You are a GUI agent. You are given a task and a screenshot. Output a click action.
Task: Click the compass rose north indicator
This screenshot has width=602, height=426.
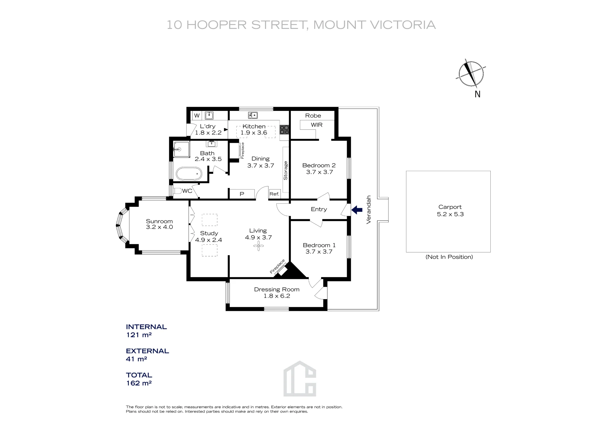tap(471, 74)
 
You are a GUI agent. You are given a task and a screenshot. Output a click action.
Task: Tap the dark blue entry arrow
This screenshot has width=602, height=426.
tap(357, 210)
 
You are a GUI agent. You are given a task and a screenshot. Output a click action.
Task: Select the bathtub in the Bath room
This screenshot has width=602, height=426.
tap(189, 174)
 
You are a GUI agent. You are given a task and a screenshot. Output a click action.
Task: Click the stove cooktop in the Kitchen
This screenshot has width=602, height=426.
tap(284, 130)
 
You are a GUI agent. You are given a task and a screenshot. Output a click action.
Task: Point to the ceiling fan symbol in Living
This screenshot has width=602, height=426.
tap(258, 246)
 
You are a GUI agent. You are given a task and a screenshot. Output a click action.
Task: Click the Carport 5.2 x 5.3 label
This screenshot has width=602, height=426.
tap(450, 211)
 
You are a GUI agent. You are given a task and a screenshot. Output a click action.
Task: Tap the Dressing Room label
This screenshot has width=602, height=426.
tap(277, 293)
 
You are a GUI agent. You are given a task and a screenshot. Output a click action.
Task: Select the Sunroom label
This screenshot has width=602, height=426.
tap(159, 224)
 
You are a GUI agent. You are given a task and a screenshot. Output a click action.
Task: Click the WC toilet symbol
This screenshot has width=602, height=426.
tap(178, 191)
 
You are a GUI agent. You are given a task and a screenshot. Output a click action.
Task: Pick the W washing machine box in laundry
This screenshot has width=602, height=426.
tap(197, 116)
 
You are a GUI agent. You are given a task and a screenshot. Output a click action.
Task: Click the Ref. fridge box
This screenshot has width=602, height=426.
tap(275, 194)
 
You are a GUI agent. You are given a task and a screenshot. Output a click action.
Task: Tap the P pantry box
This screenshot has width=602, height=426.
tap(242, 194)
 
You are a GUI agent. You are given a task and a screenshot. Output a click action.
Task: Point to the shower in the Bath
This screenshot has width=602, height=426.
tap(182, 149)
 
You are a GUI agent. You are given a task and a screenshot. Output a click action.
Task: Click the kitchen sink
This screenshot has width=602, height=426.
tap(253, 115)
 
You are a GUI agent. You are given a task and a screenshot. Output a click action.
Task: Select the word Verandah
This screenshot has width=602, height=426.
tap(369, 210)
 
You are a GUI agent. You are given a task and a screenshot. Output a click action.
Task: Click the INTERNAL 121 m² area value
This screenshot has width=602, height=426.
tap(138, 335)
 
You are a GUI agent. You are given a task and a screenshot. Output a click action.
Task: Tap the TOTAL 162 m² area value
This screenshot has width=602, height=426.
tap(139, 383)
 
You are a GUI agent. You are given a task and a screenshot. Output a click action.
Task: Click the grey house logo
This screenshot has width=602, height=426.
tap(300, 378)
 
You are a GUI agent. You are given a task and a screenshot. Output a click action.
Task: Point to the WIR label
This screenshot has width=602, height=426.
tap(317, 125)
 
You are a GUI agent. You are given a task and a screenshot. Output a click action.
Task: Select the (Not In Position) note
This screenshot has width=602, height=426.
tap(449, 257)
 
